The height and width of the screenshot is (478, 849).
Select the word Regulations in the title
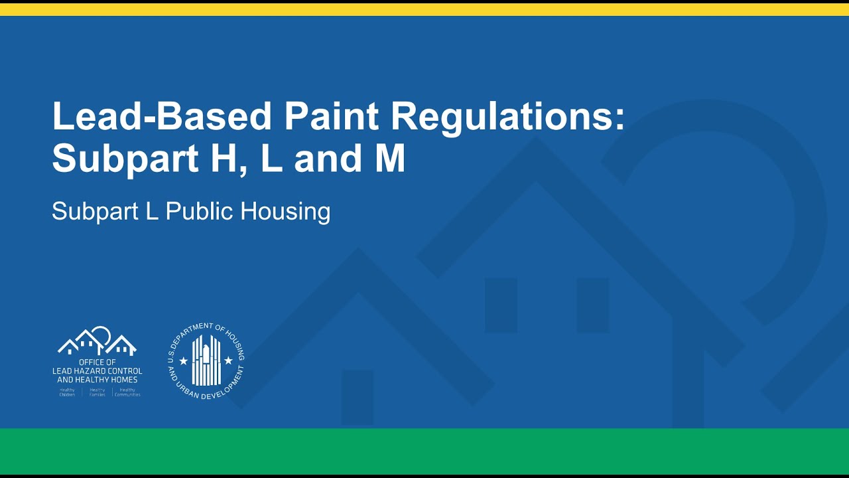(x=507, y=118)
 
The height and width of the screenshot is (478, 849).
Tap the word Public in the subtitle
(x=200, y=212)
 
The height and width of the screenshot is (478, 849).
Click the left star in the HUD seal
(x=184, y=360)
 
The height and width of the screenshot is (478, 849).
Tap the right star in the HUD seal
(x=229, y=360)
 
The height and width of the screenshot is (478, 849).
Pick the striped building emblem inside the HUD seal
(x=206, y=360)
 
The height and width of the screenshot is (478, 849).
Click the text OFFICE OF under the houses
(x=97, y=362)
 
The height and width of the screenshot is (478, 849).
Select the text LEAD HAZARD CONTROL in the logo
(x=97, y=371)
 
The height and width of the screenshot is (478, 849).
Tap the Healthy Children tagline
(x=67, y=392)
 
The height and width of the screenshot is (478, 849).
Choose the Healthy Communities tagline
(x=127, y=392)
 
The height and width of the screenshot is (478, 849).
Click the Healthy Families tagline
(x=97, y=392)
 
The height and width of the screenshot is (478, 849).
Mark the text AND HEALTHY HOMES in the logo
(x=97, y=380)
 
